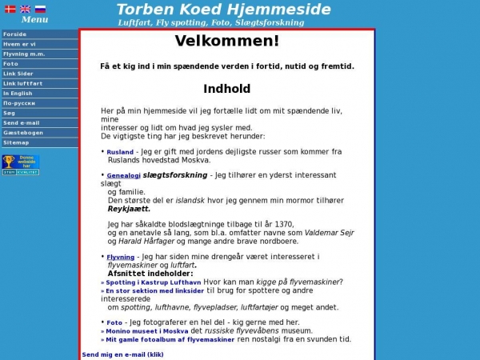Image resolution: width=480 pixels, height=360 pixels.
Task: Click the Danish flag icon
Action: [10, 9]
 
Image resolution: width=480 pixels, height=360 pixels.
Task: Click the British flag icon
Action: [25, 9]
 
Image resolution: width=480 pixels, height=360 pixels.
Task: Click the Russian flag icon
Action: [40, 9]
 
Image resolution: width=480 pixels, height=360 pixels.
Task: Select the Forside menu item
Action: [15, 34]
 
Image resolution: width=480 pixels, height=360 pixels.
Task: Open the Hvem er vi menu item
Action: [19, 44]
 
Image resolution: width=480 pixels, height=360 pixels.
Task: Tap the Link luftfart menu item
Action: [22, 83]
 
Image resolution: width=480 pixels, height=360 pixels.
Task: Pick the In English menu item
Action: [18, 93]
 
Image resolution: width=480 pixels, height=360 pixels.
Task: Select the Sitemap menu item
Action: [16, 142]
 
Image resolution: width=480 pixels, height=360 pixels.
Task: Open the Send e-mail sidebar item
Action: [21, 122]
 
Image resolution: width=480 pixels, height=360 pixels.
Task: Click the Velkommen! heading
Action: [227, 42]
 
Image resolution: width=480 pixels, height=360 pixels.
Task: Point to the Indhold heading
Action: [227, 89]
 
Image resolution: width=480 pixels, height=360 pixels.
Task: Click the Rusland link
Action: [120, 152]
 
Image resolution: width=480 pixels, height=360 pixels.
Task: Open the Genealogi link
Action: [123, 176]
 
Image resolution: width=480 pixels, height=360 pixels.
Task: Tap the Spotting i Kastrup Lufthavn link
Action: [153, 282]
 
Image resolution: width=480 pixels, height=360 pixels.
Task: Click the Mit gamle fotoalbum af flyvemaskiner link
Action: [170, 340]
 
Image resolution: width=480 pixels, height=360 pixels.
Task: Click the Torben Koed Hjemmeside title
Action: [223, 10]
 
